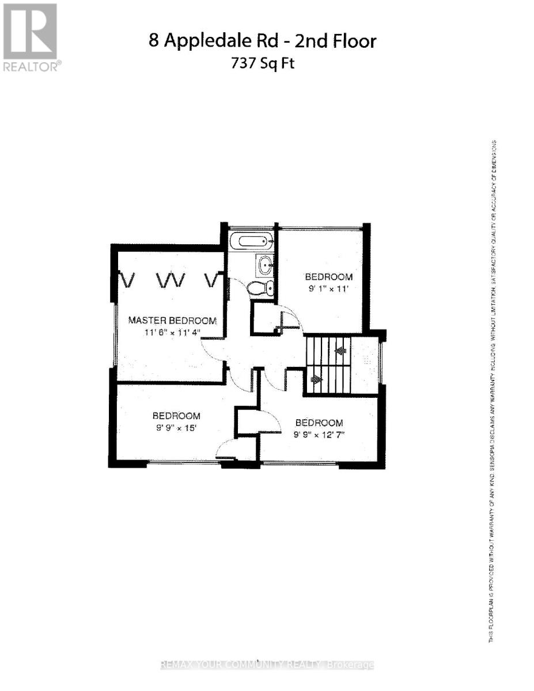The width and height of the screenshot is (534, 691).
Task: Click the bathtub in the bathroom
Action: (252, 241)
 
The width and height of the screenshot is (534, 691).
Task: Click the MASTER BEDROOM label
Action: (172, 320)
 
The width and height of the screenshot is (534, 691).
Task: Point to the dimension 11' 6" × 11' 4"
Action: (172, 332)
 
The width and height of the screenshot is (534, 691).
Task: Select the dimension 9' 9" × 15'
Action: (176, 427)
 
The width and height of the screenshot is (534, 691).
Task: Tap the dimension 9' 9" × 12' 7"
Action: (318, 434)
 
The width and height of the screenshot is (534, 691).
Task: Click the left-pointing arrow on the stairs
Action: (340, 350)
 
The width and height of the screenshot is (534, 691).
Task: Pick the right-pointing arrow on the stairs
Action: (316, 379)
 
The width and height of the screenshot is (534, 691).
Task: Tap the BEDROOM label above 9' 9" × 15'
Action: (176, 416)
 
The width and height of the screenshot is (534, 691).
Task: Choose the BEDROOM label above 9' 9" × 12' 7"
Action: (319, 423)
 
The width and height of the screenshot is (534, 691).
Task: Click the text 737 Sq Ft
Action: (263, 63)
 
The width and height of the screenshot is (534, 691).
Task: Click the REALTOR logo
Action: (30, 37)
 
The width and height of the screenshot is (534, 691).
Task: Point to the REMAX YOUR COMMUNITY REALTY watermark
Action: (267, 665)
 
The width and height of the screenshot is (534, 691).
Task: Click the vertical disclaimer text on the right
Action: (494, 392)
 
